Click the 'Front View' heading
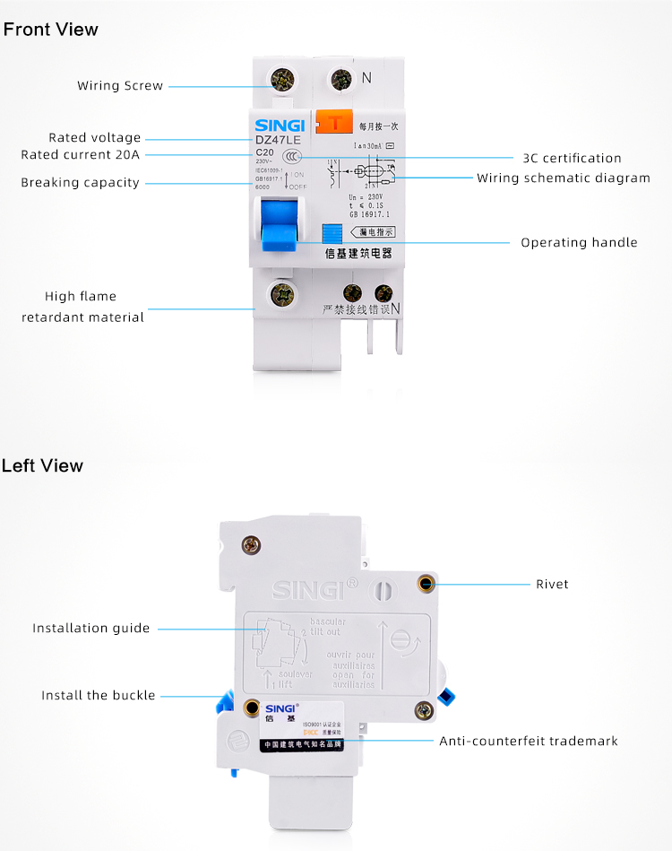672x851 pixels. (x=50, y=30)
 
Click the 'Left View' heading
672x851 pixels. (x=42, y=465)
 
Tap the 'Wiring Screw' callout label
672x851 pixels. (x=120, y=86)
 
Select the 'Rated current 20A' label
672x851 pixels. (x=81, y=155)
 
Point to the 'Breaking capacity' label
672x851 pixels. (x=81, y=183)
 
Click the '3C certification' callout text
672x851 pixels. (x=572, y=159)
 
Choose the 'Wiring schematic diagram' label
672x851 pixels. (x=564, y=178)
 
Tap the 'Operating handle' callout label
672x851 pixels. (x=579, y=242)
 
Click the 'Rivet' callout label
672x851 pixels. (x=552, y=584)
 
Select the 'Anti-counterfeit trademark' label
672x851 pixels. (x=528, y=741)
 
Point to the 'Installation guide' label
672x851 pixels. (x=91, y=628)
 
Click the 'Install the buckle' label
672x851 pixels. (x=99, y=695)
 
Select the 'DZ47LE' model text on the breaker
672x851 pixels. (x=278, y=139)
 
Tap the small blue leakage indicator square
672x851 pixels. (x=332, y=231)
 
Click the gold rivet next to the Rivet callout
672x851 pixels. (x=426, y=584)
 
